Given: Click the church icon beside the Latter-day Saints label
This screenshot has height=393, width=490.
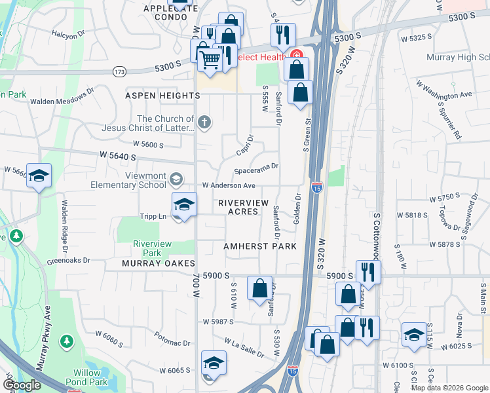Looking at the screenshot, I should [204, 122].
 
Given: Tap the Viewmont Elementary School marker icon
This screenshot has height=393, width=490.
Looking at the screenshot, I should [176, 179].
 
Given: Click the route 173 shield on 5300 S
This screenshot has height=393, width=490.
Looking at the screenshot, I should [119, 71].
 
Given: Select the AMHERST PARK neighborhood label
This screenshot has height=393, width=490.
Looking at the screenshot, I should [259, 246].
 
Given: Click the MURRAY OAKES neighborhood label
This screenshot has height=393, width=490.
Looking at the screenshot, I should [159, 263].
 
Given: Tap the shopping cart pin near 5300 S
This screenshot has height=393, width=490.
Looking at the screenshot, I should [210, 59].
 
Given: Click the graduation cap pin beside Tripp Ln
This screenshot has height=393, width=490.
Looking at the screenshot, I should [184, 205].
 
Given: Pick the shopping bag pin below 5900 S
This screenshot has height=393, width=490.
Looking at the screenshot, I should [259, 287].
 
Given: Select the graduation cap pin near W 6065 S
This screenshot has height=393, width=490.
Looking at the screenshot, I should [214, 363].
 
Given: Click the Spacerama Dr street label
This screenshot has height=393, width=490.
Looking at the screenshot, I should [257, 166].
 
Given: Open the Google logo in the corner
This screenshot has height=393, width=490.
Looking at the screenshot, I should [22, 385].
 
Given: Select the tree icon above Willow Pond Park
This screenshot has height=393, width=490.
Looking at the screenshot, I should [66, 341].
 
